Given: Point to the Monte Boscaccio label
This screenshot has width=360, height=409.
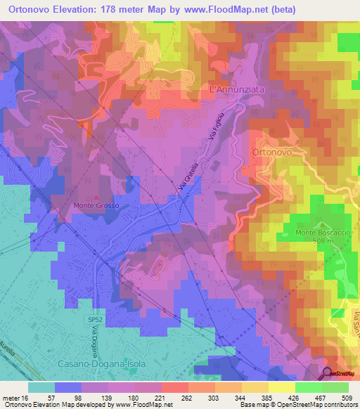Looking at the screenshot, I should (309, 233).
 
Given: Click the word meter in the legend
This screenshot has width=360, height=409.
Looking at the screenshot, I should (10, 398).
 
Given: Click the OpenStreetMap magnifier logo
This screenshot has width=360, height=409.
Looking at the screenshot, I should (328, 374).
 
